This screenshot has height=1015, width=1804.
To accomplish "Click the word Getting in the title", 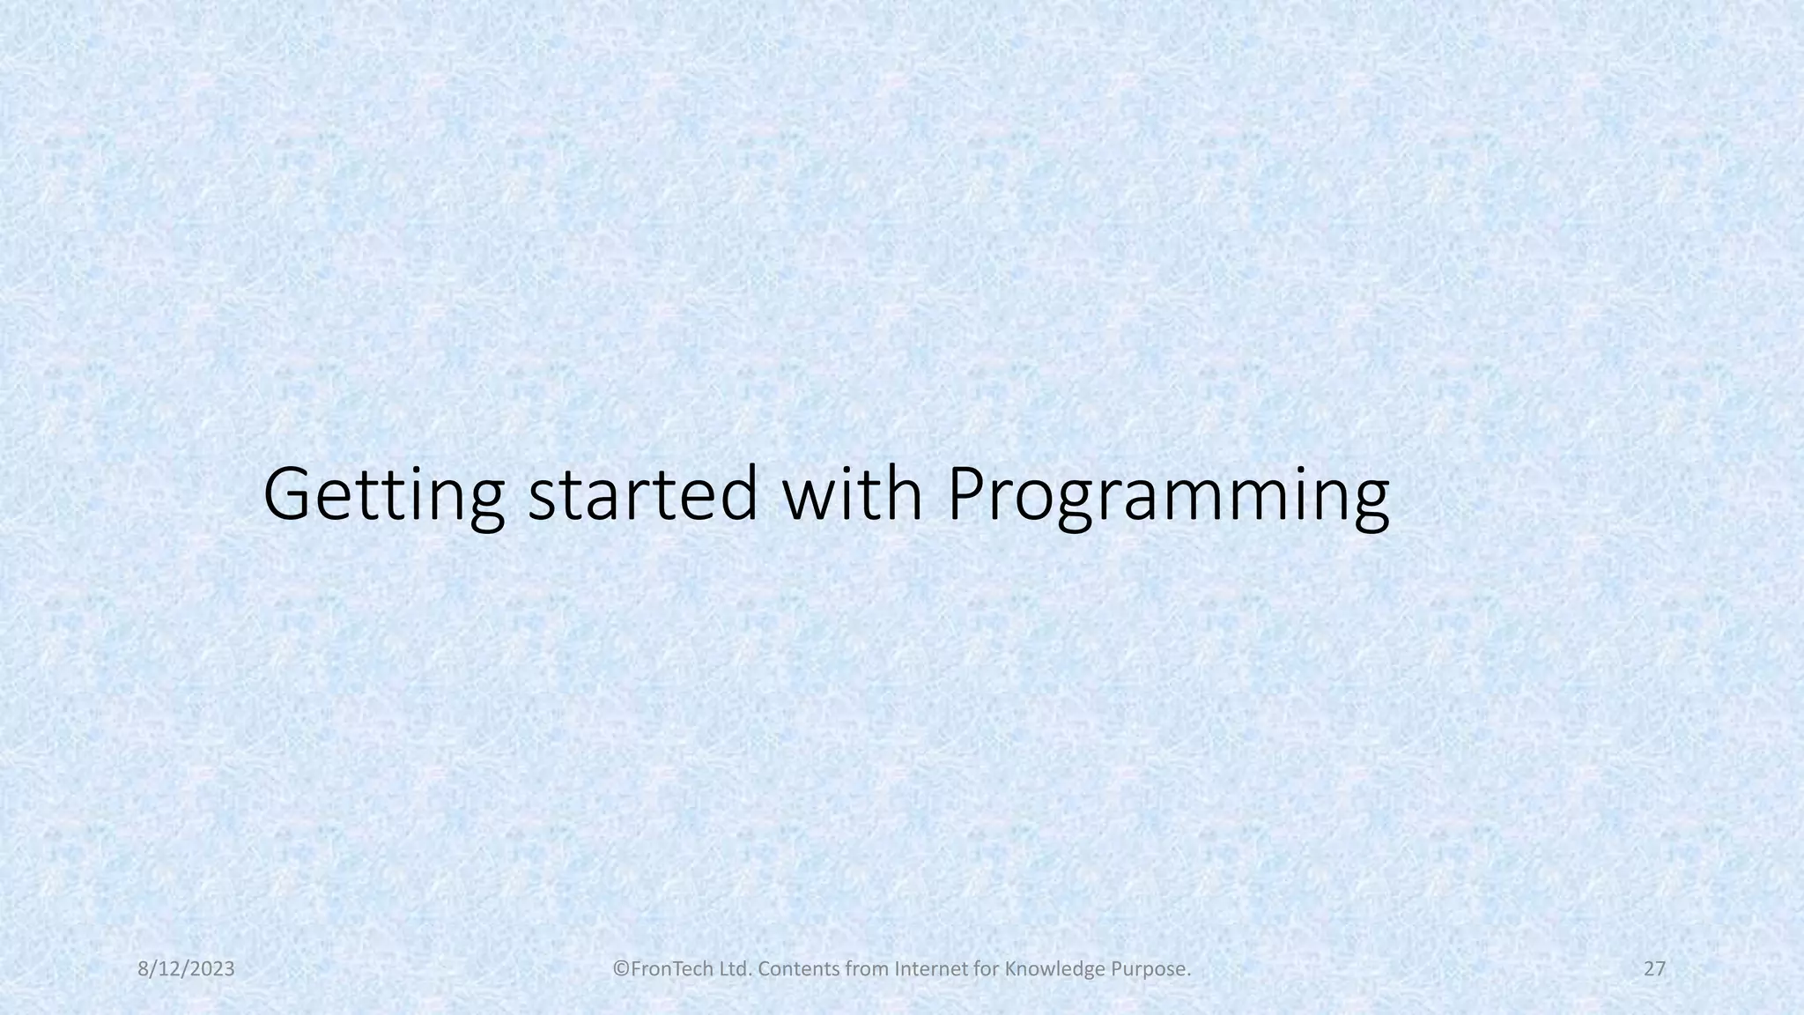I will click(384, 495).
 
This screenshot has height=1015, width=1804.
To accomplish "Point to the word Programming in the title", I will click(1168, 495).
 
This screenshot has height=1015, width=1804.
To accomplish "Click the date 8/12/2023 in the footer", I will click(187, 969).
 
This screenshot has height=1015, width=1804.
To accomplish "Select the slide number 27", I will click(1654, 969).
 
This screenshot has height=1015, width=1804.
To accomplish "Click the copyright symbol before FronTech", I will click(621, 969).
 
